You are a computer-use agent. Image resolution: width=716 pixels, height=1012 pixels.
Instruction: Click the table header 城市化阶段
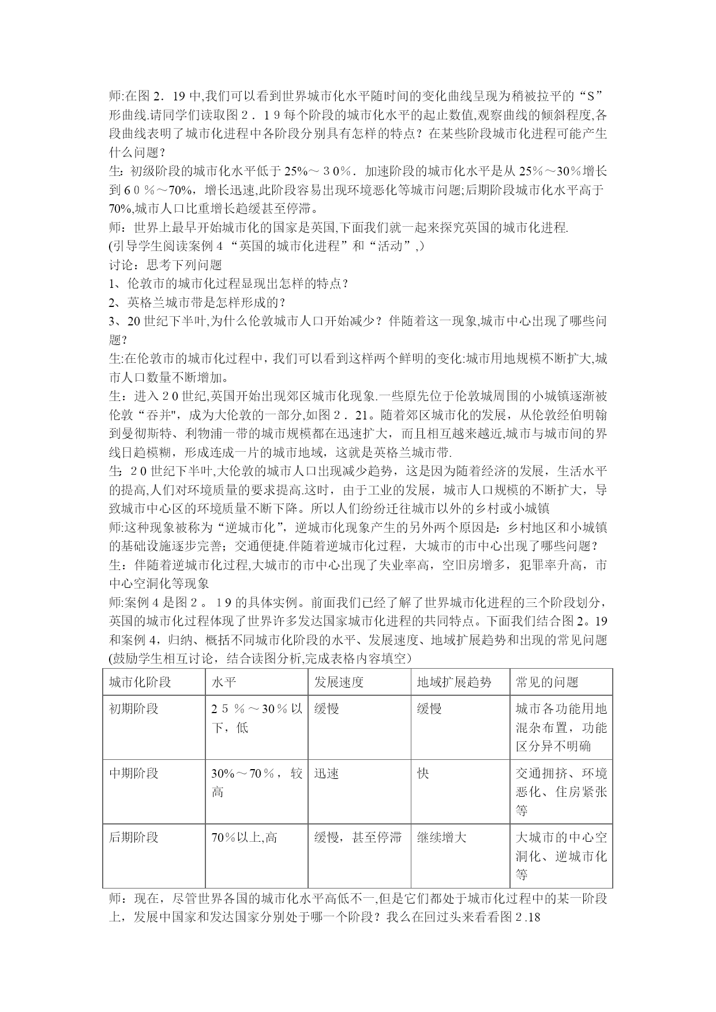pyautogui.click(x=140, y=682)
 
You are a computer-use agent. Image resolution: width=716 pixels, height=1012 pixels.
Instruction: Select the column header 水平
pyautogui.click(x=224, y=682)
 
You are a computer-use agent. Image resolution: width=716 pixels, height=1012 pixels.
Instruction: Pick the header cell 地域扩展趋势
pyautogui.click(x=454, y=682)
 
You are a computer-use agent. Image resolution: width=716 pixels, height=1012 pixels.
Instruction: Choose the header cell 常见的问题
pyautogui.click(x=547, y=682)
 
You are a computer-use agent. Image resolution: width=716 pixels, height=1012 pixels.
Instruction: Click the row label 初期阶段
pyautogui.click(x=134, y=709)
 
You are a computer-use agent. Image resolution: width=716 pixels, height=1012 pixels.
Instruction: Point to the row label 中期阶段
pyautogui.click(x=134, y=773)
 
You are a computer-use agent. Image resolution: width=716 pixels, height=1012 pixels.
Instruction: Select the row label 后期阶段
pyautogui.click(x=134, y=837)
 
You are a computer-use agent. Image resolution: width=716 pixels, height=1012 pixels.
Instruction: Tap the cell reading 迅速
pyautogui.click(x=327, y=773)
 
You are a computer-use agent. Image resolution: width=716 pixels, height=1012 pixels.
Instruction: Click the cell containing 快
pyautogui.click(x=423, y=773)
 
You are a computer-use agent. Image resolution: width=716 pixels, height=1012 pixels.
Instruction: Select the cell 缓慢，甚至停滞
pyautogui.click(x=358, y=837)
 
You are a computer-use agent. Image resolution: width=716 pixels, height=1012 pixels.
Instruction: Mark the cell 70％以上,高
pyautogui.click(x=244, y=837)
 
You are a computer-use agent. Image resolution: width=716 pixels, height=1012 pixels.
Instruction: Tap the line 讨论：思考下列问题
pyautogui.click(x=166, y=265)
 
